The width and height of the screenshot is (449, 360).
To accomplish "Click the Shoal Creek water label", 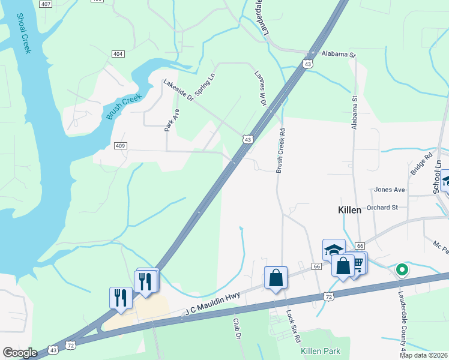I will (23, 34).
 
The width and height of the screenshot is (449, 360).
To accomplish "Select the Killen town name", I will (348, 210).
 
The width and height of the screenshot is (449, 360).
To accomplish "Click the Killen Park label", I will (321, 351).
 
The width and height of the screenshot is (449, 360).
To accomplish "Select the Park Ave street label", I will (168, 119).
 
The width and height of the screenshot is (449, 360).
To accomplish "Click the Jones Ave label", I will (390, 190).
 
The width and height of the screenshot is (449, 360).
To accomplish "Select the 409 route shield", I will (120, 146).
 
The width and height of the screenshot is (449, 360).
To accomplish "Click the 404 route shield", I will (118, 54).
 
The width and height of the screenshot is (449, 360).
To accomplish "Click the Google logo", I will (20, 352).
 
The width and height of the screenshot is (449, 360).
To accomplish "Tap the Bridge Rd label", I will (421, 164).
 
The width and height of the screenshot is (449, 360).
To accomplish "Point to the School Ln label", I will (438, 176).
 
